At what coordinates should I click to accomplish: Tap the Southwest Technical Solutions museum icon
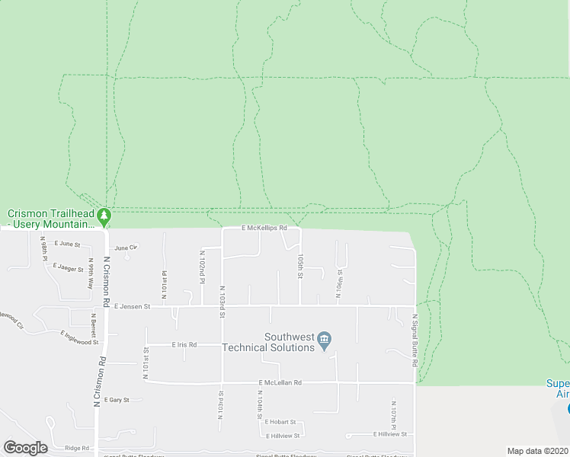[325, 340]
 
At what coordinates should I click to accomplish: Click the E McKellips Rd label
[264, 228]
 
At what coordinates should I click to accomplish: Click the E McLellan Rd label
[280, 382]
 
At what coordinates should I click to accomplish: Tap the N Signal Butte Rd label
[415, 341]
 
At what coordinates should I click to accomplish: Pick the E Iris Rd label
[184, 344]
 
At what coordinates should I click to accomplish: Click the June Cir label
[126, 248]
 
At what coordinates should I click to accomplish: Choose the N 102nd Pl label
[202, 267]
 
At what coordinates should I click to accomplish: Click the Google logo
[25, 448]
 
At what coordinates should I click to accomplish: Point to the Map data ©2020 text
[537, 451]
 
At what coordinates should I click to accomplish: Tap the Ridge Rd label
[77, 448]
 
